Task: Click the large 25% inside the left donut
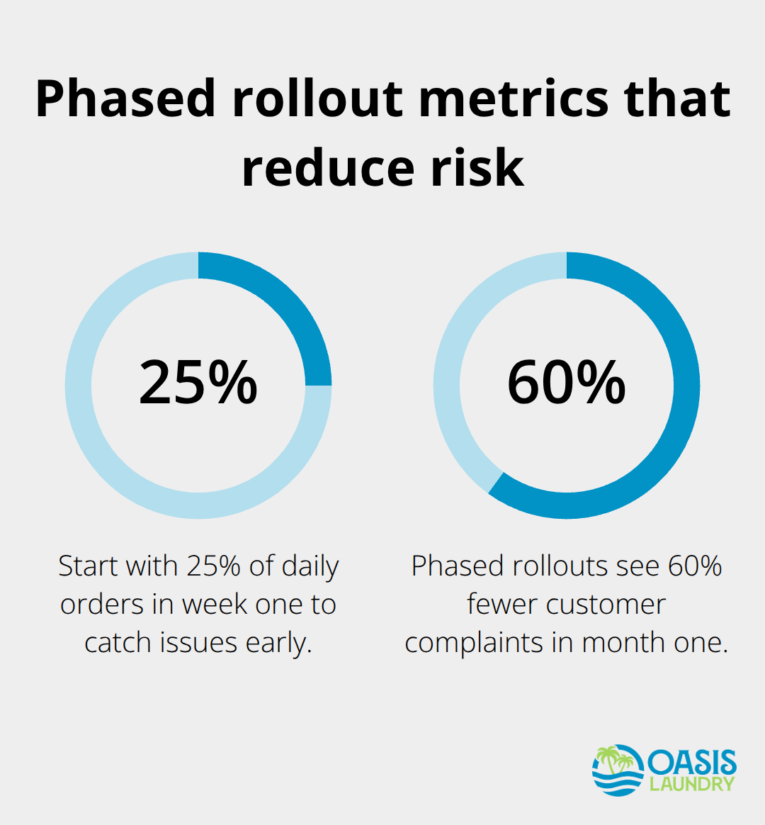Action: (x=198, y=383)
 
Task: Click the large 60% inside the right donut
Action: (x=567, y=383)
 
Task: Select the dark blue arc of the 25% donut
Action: (x=283, y=305)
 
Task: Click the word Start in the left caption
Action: (x=88, y=566)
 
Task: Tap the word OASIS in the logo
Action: (x=691, y=763)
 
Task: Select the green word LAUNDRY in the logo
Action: (x=692, y=785)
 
